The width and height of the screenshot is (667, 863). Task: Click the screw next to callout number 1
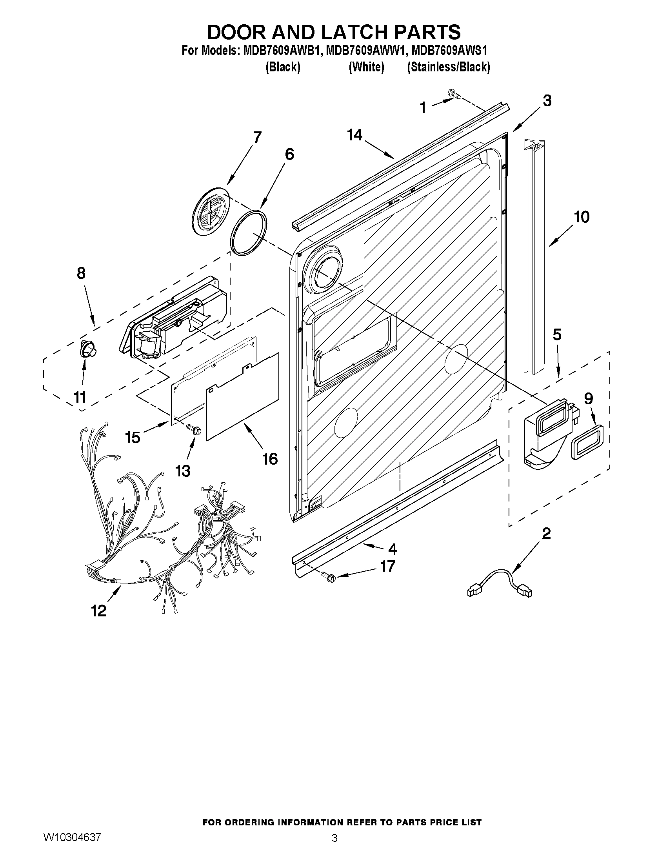point(454,94)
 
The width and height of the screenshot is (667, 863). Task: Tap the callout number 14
point(354,135)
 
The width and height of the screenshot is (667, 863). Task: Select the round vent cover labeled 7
point(211,212)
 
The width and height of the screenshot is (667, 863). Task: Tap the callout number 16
point(270,459)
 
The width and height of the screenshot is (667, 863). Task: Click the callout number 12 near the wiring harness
point(99,611)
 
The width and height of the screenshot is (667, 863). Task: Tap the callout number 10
point(581,217)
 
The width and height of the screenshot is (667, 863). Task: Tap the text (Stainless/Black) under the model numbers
point(449,67)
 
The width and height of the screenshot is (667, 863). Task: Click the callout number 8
point(81,273)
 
